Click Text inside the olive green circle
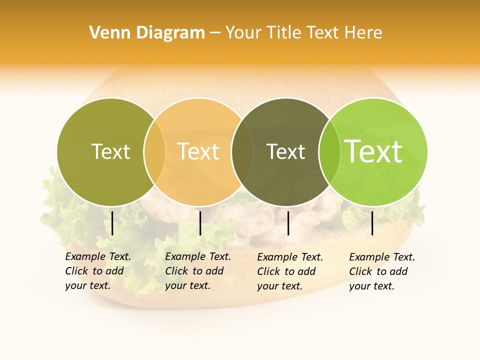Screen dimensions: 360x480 pos(110,151)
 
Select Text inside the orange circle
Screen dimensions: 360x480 pos(198,151)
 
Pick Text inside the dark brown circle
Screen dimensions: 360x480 pos(285,151)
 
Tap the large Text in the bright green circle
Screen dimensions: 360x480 pos(373,151)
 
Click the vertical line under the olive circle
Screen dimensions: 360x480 pos(112,223)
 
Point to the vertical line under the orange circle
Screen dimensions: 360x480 pos(200,223)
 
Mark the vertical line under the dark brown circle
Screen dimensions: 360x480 pos(288,223)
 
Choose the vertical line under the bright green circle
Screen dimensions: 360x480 pos(372,223)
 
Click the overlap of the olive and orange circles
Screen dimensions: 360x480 pos(154,151)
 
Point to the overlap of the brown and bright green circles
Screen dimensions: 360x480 pos(328,151)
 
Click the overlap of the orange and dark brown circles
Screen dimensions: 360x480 pos(240,151)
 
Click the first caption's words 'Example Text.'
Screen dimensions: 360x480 pos(98,256)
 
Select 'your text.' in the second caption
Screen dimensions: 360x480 pos(188,285)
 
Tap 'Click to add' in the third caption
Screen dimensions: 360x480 pos(286,271)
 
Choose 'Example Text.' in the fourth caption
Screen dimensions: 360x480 pos(382,257)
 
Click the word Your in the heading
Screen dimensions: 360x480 pos(243,32)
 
